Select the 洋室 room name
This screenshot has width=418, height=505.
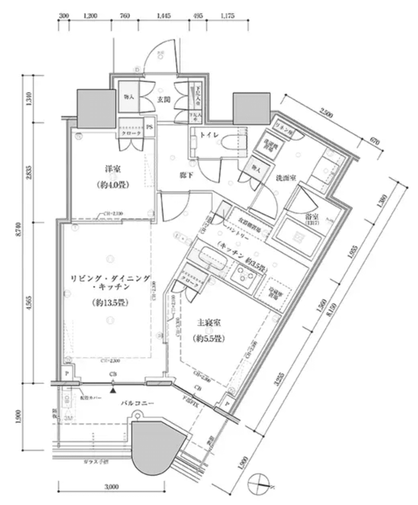[x=113, y=170]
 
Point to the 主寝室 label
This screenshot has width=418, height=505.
[x=208, y=323]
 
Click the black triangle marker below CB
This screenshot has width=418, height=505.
[x=114, y=389]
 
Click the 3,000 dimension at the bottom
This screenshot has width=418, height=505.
[x=112, y=486]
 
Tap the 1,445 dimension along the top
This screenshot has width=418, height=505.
[x=164, y=16]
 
